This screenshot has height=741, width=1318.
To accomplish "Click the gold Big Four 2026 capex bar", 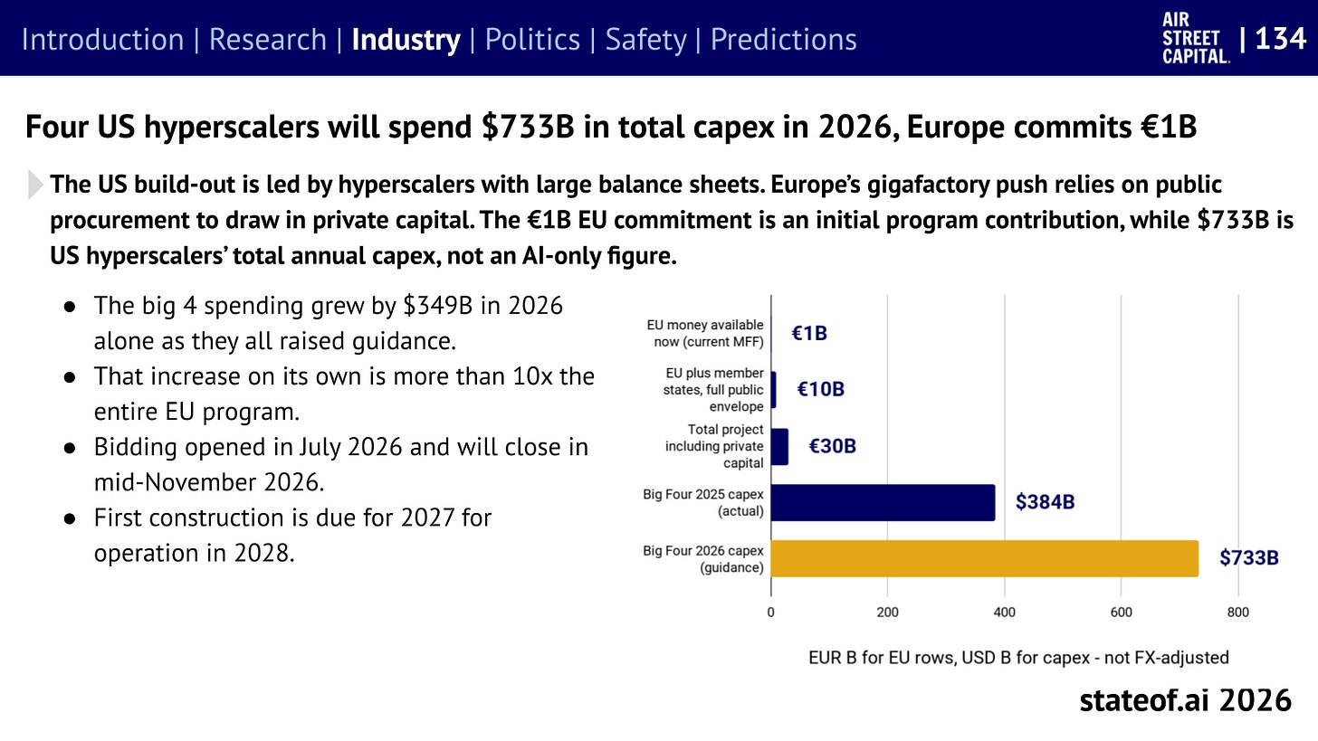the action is pyautogui.click(x=984, y=558).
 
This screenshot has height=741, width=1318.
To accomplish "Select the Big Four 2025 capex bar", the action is pyautogui.click(x=883, y=502).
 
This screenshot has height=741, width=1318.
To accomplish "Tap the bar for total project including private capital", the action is pyautogui.click(x=779, y=446).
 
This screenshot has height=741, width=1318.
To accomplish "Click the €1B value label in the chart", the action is pyautogui.click(x=809, y=334).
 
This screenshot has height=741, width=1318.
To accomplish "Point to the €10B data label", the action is pyautogui.click(x=821, y=389).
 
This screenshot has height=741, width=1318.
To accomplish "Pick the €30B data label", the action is pyautogui.click(x=833, y=446).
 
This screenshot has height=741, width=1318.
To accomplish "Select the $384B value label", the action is pyautogui.click(x=1045, y=502).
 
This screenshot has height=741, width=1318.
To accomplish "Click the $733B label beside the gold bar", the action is pyautogui.click(x=1249, y=557).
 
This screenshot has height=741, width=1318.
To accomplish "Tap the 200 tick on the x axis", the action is pyautogui.click(x=887, y=613).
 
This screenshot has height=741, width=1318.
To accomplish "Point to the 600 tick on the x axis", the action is pyautogui.click(x=1121, y=613).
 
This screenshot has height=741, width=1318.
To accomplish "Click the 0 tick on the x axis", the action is pyautogui.click(x=771, y=613).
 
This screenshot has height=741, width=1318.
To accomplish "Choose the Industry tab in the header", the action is pyautogui.click(x=406, y=40).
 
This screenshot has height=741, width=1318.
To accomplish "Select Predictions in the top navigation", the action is pyautogui.click(x=783, y=40).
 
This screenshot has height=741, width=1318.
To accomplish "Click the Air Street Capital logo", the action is pyautogui.click(x=1196, y=38).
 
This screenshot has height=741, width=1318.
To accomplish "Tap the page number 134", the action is pyautogui.click(x=1280, y=39).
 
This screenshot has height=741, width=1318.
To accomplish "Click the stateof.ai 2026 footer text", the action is pyautogui.click(x=1185, y=700).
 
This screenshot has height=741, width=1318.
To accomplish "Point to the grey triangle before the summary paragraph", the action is pyautogui.click(x=35, y=185).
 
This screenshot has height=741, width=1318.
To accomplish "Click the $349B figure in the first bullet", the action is pyautogui.click(x=438, y=306).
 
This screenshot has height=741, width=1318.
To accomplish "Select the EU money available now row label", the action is pyautogui.click(x=705, y=334).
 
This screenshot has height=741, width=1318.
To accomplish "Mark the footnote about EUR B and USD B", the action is pyautogui.click(x=1018, y=658).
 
